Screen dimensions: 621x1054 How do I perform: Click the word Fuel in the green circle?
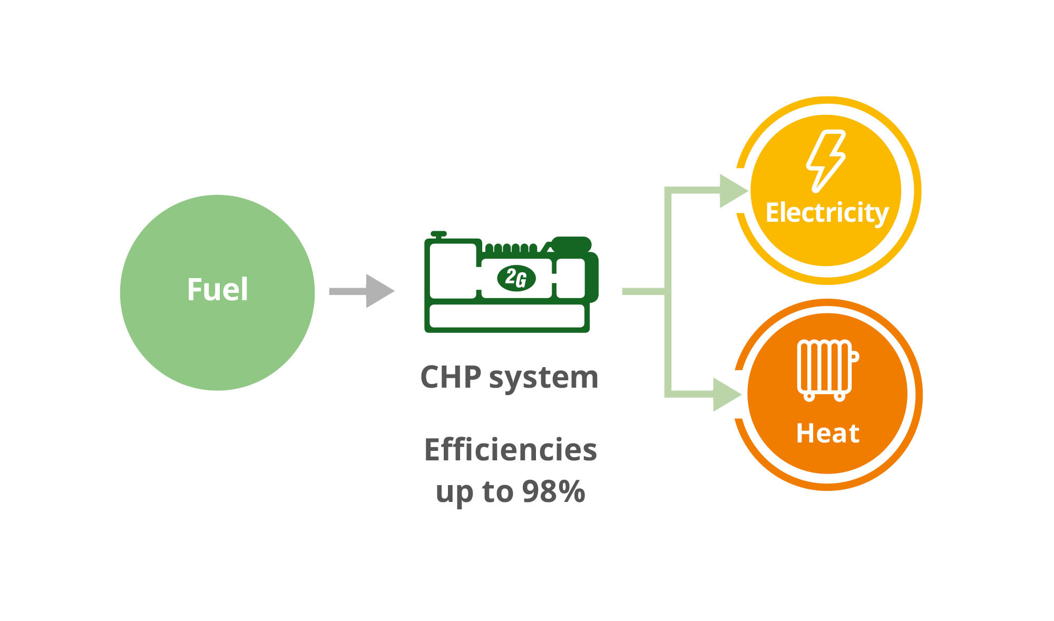point(217,290)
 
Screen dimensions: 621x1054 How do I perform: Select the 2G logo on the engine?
point(516,278)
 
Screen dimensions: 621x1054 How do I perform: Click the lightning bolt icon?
point(825,161)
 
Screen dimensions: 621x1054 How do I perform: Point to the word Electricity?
point(827,213)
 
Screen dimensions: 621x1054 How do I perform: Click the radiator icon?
point(826,369)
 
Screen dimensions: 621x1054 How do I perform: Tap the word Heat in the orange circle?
point(827,433)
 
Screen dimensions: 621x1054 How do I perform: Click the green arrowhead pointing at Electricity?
point(733,191)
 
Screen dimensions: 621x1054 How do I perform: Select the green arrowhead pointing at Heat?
point(726,394)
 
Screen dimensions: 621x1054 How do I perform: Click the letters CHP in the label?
point(451,378)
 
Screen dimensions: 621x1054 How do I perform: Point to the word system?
point(543,378)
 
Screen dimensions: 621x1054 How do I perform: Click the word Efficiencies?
point(510,450)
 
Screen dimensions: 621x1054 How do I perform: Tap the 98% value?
point(553,491)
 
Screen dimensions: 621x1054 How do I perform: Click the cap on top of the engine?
point(438,234)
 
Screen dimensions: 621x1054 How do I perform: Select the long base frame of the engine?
point(507,316)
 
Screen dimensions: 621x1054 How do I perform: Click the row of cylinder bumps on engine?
point(511,248)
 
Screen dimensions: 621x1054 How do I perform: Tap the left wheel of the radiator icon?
point(809,396)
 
